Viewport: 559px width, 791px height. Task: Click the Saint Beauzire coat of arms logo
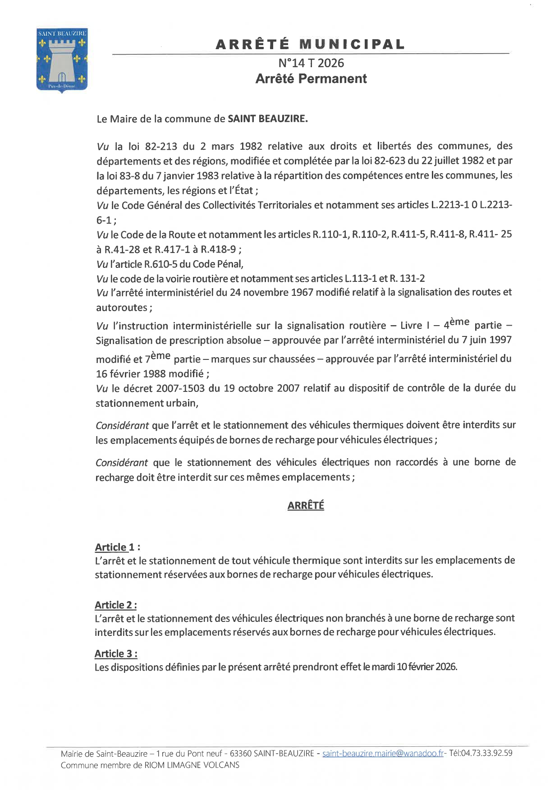point(62,60)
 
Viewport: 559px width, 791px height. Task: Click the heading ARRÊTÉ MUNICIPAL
point(310,44)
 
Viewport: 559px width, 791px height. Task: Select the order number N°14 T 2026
point(311,63)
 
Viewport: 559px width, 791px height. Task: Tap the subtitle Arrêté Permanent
point(311,78)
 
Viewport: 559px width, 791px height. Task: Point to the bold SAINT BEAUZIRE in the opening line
point(267,119)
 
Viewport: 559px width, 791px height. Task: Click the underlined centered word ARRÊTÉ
point(306,506)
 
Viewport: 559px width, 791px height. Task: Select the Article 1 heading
point(117,547)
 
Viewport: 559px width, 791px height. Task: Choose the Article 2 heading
point(116,605)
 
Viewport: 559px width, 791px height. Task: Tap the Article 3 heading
point(116,653)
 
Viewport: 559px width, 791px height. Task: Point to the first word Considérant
point(122,425)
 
